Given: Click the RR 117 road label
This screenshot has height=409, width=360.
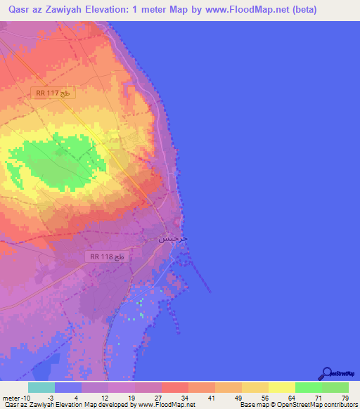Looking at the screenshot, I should click(x=53, y=93).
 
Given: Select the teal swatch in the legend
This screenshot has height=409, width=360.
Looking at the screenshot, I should click(x=41, y=387).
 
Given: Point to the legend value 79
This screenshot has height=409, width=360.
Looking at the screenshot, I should click(x=335, y=398).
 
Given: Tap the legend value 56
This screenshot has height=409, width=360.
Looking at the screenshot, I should click(x=255, y=398).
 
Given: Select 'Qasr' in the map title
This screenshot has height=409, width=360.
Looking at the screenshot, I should click(x=15, y=10).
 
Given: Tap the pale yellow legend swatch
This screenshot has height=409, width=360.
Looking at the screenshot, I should click(x=282, y=387).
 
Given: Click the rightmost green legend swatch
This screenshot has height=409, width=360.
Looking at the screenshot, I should click(x=335, y=387).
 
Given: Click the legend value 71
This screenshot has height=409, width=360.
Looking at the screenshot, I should click(x=309, y=398).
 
